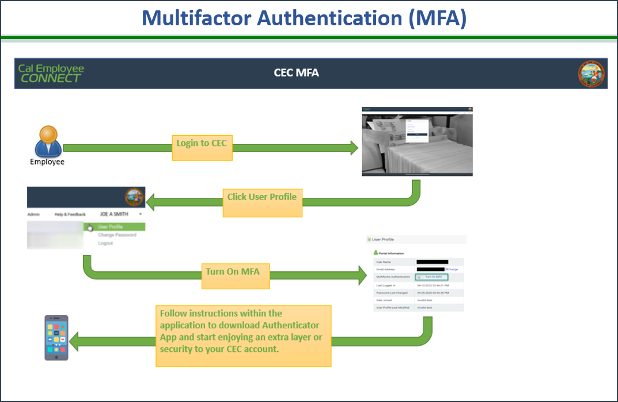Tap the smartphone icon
[56, 338]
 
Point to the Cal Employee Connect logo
[51, 73]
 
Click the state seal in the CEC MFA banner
[592, 74]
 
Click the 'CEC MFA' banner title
[296, 73]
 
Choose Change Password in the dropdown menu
[117, 235]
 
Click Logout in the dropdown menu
[105, 243]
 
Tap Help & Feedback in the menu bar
[70, 215]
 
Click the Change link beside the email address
[452, 269]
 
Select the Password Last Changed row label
[392, 293]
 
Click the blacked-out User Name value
[432, 262]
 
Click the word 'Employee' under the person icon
[47, 162]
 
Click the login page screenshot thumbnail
[417, 141]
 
